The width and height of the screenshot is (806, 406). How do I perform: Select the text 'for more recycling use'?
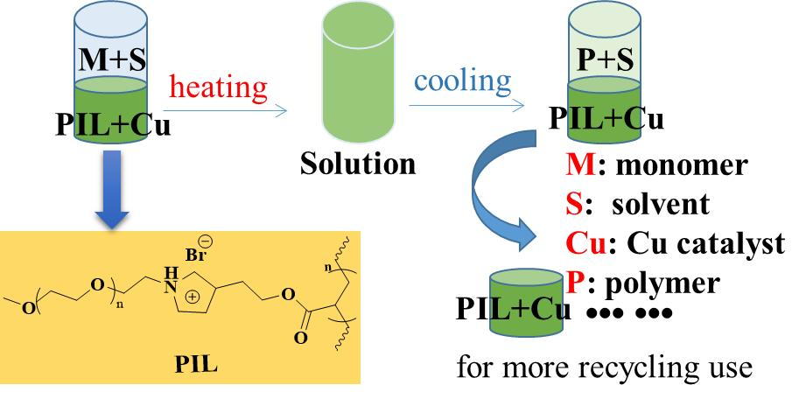(x=603, y=369)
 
